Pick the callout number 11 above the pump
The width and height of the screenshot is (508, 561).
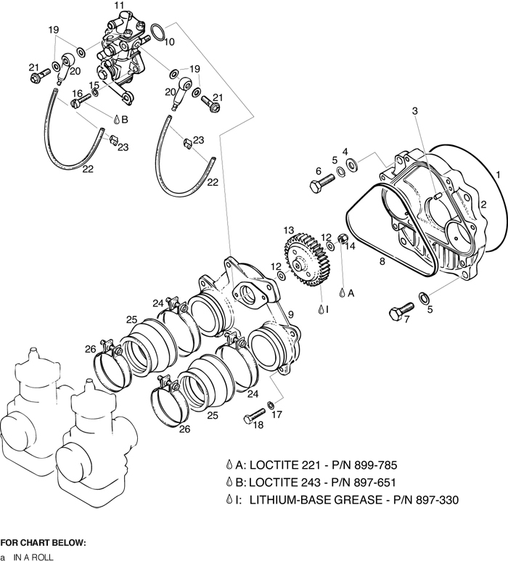point(119,6)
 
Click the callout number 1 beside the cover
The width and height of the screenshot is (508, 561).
point(498,174)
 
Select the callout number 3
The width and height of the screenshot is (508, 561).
point(415,111)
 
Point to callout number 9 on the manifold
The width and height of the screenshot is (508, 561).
point(290,314)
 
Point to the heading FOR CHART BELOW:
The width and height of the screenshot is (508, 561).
point(43,542)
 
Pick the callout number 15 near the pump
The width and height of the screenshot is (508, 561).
point(94,86)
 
